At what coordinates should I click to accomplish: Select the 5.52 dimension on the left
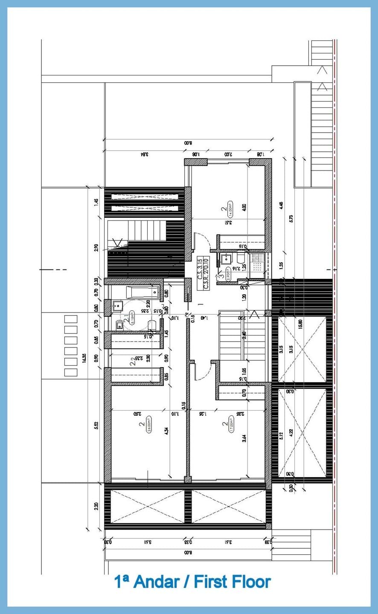96,426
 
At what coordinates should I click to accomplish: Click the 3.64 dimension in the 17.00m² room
244,438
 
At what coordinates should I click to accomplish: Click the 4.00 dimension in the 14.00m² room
244,208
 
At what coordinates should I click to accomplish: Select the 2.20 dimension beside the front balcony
96,506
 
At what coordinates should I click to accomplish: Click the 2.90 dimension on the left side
96,248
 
